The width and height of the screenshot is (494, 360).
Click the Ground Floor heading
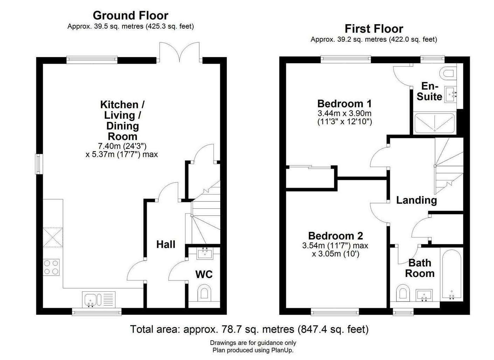point(131,15)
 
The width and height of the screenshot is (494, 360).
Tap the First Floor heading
point(374,29)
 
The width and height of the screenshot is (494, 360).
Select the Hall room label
point(166,244)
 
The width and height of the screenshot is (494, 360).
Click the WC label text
point(204,274)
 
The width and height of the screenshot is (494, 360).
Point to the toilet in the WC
point(204,292)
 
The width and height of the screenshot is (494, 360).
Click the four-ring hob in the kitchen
point(51,267)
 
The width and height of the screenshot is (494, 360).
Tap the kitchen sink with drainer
point(99,299)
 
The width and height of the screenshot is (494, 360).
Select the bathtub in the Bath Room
point(451,274)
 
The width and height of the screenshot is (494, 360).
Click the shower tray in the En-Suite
point(434,123)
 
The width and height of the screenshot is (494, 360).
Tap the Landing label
point(417,200)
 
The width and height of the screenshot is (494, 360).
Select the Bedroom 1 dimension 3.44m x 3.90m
point(345,113)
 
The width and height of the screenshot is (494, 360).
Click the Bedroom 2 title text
point(335,236)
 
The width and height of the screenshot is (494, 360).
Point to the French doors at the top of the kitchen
point(179,52)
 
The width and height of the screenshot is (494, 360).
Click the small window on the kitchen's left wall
point(39,164)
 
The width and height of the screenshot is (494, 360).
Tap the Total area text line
point(249,329)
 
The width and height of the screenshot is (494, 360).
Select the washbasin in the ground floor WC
point(205,253)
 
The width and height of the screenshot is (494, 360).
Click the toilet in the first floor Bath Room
point(403,293)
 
